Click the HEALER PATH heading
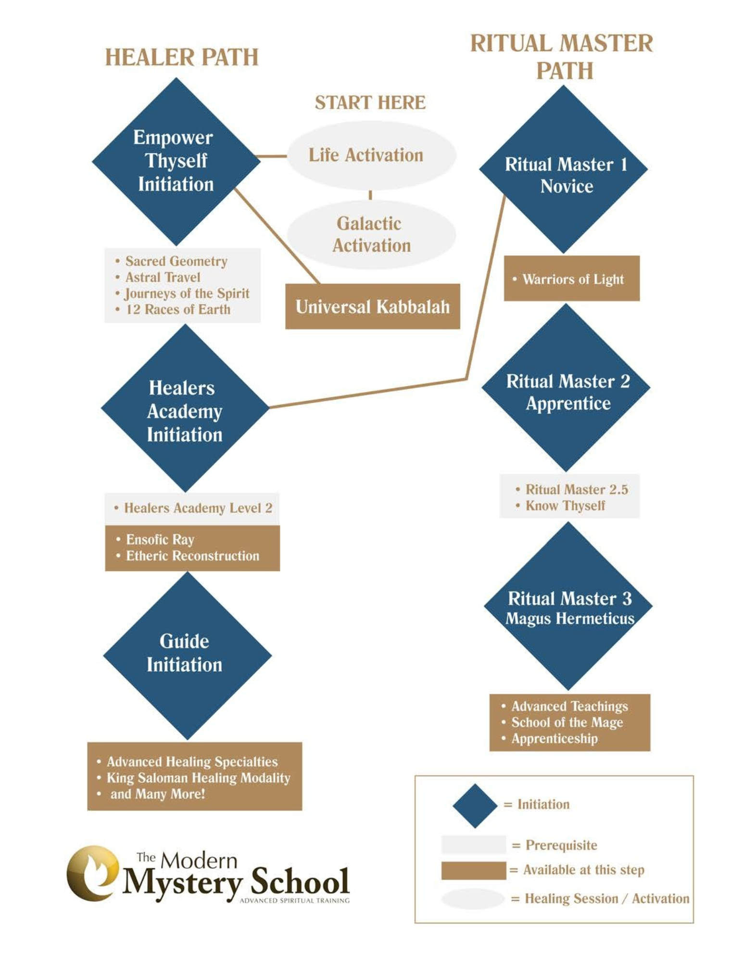point(181,57)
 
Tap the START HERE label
point(370,102)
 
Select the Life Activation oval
point(371,155)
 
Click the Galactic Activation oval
point(371,234)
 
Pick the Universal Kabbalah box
point(372,306)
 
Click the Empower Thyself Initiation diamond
point(176,161)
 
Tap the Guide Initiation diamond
point(187,655)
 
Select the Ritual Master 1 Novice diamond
point(563,169)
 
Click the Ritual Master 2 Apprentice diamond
point(566,388)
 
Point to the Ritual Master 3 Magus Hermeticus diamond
point(568,606)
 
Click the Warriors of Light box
point(571,279)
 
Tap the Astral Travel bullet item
point(163,278)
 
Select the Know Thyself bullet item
point(565,506)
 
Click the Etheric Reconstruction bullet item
point(192,556)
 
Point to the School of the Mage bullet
point(567,722)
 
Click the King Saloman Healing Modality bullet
point(198,778)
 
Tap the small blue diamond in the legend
point(475,805)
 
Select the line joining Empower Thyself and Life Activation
point(272,156)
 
